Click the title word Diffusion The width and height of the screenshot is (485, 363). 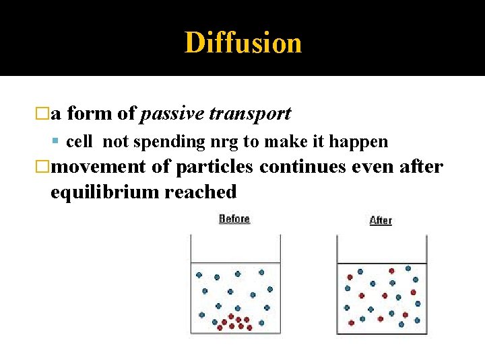coord(243,43)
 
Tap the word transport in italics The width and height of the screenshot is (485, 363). coord(250,114)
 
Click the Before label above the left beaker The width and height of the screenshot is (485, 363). coord(234,219)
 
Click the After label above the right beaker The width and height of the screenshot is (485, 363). coord(381,220)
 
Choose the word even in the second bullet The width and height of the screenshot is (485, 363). coord(372,166)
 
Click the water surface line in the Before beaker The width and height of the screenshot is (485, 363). coord(234,261)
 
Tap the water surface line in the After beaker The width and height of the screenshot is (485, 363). coord(381,263)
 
